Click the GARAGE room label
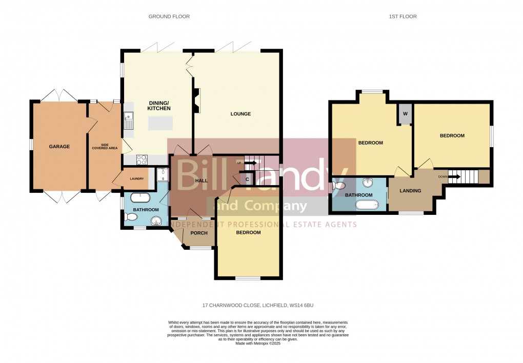59,147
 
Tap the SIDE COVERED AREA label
105,147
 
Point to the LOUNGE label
240,114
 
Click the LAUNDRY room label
136,179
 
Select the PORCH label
199,233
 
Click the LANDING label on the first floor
410,191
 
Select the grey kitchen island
160,124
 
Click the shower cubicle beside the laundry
163,175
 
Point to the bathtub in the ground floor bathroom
140,197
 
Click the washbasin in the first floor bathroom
368,183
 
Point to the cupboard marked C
247,179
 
